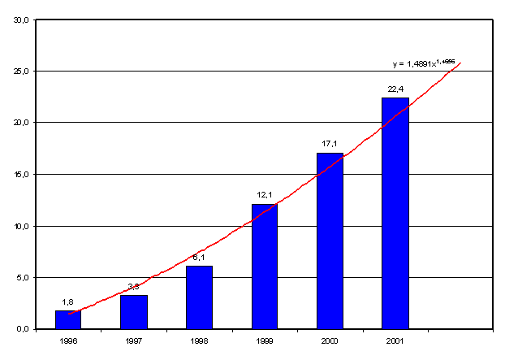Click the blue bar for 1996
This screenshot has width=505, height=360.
[68, 319]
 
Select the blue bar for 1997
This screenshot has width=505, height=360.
[134, 312]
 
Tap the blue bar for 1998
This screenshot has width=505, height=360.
[199, 297]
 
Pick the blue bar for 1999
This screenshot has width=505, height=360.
[264, 267]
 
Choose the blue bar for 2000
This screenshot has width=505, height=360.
[330, 241]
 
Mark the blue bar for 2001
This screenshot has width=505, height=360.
[395, 213]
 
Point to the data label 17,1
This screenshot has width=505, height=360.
[330, 144]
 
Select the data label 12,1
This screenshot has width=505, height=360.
[264, 196]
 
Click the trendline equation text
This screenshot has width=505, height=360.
[422, 62]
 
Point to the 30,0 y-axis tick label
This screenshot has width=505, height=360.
[21, 20]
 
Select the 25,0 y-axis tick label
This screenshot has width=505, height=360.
[21, 71]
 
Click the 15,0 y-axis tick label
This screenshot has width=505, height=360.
[21, 174]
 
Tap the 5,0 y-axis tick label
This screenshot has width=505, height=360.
[23, 277]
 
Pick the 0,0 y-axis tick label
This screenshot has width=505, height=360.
[23, 329]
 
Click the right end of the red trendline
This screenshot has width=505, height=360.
[460, 63]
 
